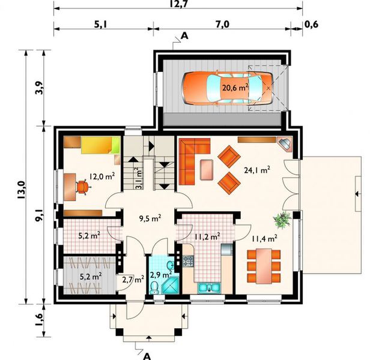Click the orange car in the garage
pyautogui.click(x=227, y=88)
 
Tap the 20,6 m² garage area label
pyautogui.click(x=235, y=88)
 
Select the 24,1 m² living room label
pyautogui.click(x=257, y=170)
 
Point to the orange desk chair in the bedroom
pyautogui.click(x=82, y=187)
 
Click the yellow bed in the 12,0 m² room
pyautogui.click(x=100, y=145)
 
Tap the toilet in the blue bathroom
pyautogui.click(x=154, y=288)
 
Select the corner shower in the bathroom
pyautogui.click(x=171, y=286)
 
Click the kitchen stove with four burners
pyautogui.click(x=188, y=261)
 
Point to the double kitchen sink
pyautogui.click(x=209, y=288)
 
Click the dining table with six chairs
pyautogui.click(x=264, y=266)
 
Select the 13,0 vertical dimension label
pyautogui.click(x=21, y=190)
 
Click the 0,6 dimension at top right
pyautogui.click(x=311, y=25)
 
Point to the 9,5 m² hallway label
pyautogui.click(x=150, y=218)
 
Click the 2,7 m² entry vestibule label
pyautogui.click(x=133, y=280)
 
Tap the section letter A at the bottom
pyautogui.click(x=147, y=356)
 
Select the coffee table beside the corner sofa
pyautogui.click(x=207, y=170)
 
